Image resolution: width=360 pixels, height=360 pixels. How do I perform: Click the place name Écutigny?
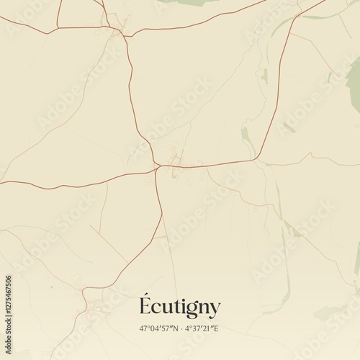[179, 307]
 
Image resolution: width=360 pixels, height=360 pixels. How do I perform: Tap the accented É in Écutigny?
[145, 305]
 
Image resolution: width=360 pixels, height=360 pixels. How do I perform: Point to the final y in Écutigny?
[214, 310]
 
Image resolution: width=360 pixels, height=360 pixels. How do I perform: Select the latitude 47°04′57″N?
[158, 329]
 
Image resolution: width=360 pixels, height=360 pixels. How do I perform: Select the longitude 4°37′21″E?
[202, 329]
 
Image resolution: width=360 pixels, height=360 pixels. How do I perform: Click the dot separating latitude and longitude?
[180, 329]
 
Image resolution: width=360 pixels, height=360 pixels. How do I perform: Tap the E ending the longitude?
[217, 329]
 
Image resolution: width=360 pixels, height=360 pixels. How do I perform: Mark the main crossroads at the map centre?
[158, 167]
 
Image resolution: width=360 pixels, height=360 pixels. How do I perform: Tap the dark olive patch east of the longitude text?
[328, 313]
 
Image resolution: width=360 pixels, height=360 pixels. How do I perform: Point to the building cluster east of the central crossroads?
[175, 158]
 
